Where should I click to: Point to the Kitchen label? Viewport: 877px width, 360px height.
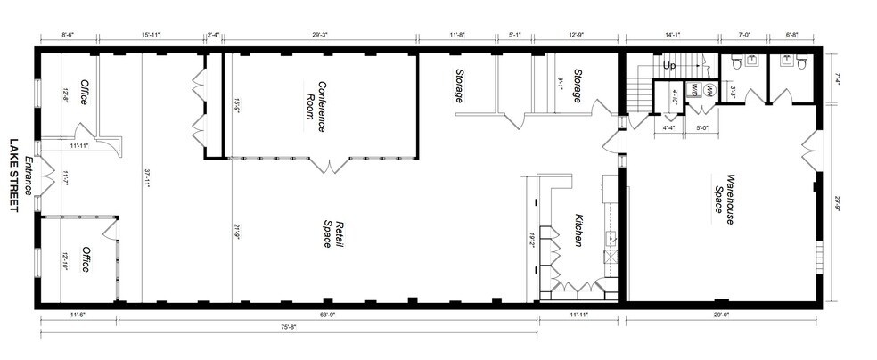coord(577,233)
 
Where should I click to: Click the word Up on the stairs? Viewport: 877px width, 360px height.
coord(670,66)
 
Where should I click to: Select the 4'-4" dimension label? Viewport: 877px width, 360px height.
coord(670,127)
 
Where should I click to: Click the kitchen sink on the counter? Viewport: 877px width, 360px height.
coord(612,238)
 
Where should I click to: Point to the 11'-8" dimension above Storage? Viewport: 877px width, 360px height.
coord(457,35)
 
